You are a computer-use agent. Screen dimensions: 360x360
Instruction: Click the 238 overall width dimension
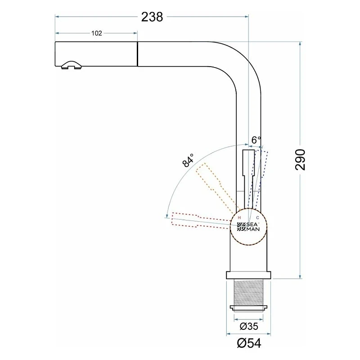152,17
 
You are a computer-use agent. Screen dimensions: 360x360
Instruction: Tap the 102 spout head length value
96,33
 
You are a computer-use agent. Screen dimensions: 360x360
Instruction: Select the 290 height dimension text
300,160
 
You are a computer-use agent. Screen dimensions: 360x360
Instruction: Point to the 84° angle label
188,160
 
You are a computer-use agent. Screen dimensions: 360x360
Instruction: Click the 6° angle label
256,140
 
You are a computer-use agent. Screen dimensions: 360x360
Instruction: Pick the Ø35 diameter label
249,326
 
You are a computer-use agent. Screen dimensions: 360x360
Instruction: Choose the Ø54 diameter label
249,343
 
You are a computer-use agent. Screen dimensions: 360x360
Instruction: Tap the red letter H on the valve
239,218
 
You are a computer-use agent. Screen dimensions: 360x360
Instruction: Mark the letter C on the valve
257,218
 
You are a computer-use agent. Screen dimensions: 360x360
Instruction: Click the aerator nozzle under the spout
71,65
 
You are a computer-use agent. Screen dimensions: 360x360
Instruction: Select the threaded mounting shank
249,292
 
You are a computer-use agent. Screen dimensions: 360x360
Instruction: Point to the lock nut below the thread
249,308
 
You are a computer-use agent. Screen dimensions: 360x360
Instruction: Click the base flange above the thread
249,275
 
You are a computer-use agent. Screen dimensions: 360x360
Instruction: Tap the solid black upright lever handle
249,179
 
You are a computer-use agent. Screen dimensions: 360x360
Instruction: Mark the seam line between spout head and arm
137,54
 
